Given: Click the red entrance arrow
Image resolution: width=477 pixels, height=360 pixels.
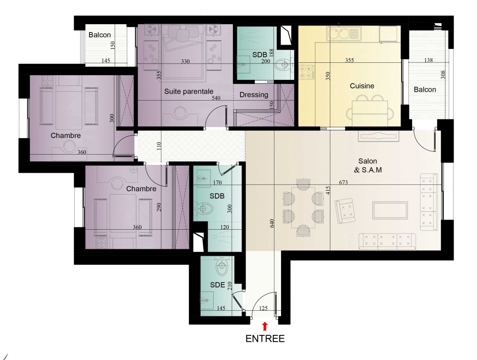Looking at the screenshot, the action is (265, 327).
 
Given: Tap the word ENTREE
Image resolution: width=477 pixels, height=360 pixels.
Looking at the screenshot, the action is (265, 339).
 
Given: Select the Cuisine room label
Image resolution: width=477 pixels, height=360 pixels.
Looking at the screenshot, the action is (362, 86).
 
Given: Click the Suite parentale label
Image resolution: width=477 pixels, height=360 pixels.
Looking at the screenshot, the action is (189, 91).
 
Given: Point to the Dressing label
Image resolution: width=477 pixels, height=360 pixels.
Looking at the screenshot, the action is (254, 95).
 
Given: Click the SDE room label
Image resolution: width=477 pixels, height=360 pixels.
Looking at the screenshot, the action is (217, 285).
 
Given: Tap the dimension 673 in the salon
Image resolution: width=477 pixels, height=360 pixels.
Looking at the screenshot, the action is (343, 182).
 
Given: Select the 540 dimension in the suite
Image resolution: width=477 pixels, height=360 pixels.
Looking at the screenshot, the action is (216, 98).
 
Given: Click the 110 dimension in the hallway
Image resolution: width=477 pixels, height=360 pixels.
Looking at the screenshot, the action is (159, 146).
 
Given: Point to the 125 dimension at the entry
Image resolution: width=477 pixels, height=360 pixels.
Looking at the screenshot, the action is (263, 308).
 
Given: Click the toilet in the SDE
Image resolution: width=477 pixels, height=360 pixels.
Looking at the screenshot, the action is (222, 267).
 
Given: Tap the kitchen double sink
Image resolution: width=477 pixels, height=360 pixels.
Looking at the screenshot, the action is (339, 34).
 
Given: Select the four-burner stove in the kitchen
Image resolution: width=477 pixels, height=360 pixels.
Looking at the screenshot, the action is (306, 72).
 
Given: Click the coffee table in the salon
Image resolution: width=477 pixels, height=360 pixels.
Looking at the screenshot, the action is (390, 211).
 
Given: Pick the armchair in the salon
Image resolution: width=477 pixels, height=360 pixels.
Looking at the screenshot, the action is (345, 211).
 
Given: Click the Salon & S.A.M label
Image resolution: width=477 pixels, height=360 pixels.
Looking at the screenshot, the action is (368, 165).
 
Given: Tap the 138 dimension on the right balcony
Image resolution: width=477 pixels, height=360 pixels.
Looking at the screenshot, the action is (429, 60).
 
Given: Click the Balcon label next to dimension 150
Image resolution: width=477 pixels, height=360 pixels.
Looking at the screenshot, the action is (99, 35).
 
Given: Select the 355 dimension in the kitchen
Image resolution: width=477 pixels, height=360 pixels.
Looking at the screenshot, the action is (349, 60).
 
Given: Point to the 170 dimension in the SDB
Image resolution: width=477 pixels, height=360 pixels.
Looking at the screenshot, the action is (217, 182).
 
